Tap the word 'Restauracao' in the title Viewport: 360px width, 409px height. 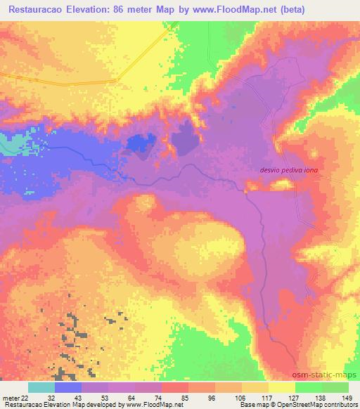pyautogui.click(x=43, y=11)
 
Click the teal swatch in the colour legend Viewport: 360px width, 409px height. pyautogui.click(x=41, y=387)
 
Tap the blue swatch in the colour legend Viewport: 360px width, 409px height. pyautogui.click(x=68, y=387)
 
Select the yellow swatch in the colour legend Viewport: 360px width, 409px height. pyautogui.click(x=282, y=387)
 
